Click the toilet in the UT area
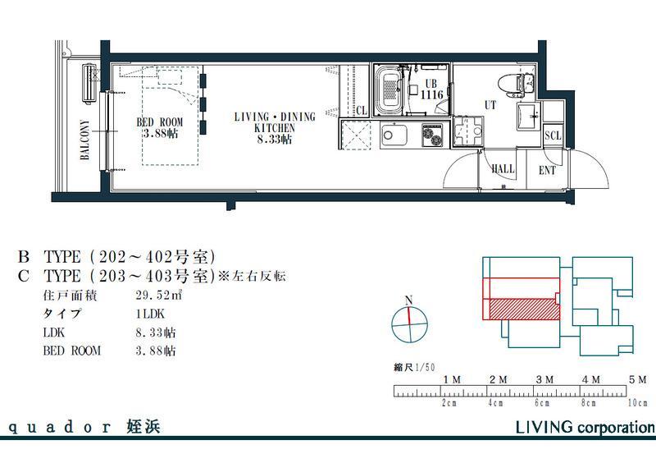(517, 82)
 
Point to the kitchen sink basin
(394, 135)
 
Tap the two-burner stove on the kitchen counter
(433, 135)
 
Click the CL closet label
(362, 111)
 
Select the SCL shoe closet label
(552, 135)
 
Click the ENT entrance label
(547, 171)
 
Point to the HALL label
(503, 169)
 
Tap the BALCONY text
(85, 140)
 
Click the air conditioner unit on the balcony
(90, 82)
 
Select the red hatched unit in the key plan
(524, 309)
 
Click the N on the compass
(409, 300)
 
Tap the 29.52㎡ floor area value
(159, 296)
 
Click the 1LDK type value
(150, 314)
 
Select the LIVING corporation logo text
(585, 428)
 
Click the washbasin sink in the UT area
(528, 116)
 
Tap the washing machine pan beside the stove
(467, 131)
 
